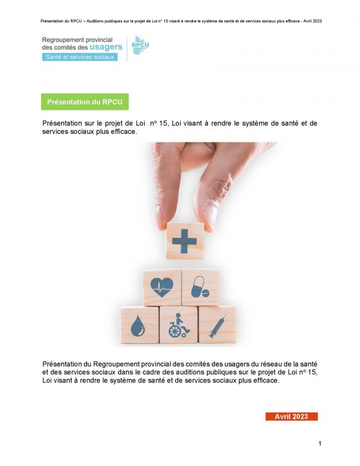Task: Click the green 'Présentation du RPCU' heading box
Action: tap(85, 101)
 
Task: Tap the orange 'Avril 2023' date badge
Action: tap(292, 416)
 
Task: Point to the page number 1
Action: tap(320, 443)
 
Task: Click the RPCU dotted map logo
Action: tap(140, 45)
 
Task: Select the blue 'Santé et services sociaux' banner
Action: tap(80, 57)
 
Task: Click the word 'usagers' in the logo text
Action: tap(106, 47)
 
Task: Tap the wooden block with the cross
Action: tap(185, 241)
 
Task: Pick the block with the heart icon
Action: tap(162, 288)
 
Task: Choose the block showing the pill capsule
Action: tap(200, 287)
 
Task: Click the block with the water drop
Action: tap(139, 325)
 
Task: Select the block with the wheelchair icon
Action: tap(178, 325)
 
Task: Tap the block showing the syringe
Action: tap(217, 325)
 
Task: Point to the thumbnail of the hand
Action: tap(211, 213)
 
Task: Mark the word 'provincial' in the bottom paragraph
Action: tap(156, 364)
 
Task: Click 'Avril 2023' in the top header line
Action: tap(313, 21)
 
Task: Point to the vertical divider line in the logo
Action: tap(127, 49)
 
